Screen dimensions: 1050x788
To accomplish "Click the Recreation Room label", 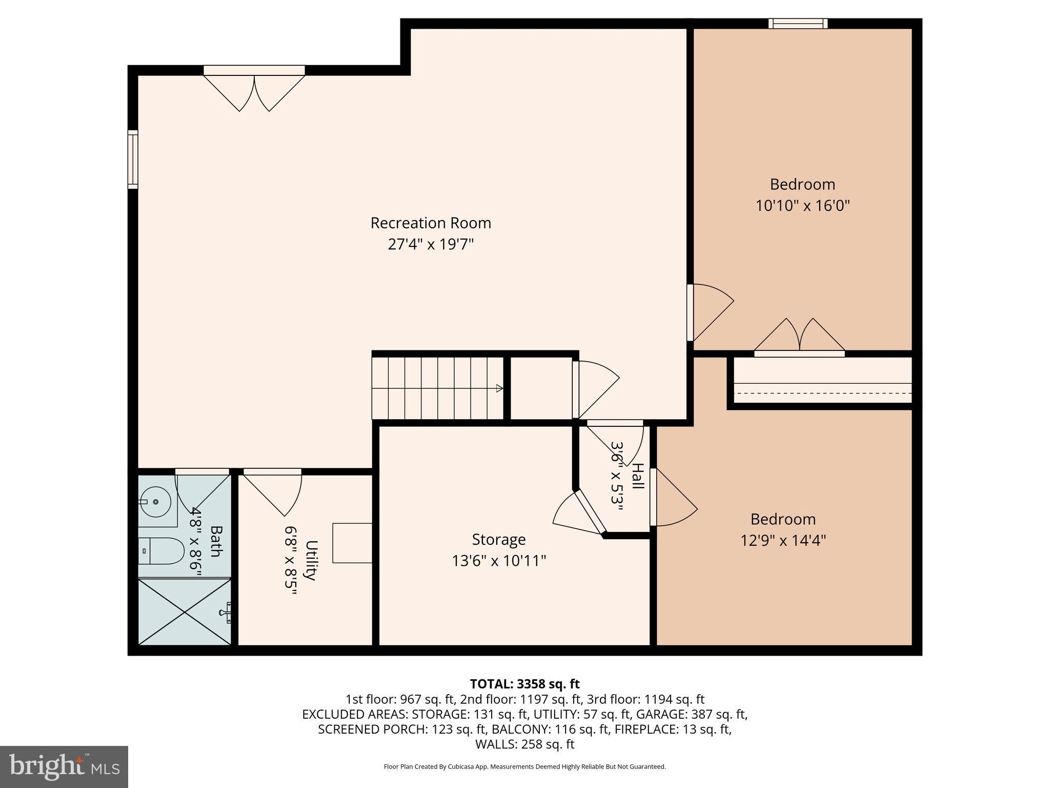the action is (x=431, y=223).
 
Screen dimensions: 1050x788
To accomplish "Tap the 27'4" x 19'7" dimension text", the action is (x=431, y=244).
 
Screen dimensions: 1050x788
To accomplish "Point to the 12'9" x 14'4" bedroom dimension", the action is (x=783, y=540).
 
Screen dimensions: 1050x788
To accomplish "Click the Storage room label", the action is (x=499, y=540).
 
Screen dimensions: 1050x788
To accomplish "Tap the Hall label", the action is (x=638, y=476).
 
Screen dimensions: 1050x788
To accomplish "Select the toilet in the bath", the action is (x=161, y=551).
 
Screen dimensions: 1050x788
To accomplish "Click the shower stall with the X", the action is (x=185, y=612).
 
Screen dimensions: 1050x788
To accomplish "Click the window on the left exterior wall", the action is (x=133, y=160).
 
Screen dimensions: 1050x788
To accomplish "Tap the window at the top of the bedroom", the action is (x=798, y=24).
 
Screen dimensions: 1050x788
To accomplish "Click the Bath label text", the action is (x=215, y=541).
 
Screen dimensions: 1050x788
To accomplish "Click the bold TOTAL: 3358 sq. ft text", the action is (x=524, y=684).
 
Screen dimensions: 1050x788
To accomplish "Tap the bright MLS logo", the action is (x=64, y=767).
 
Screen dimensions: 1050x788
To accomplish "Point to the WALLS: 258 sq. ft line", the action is (x=524, y=744).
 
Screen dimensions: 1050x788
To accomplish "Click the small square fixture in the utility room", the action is (x=353, y=543).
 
